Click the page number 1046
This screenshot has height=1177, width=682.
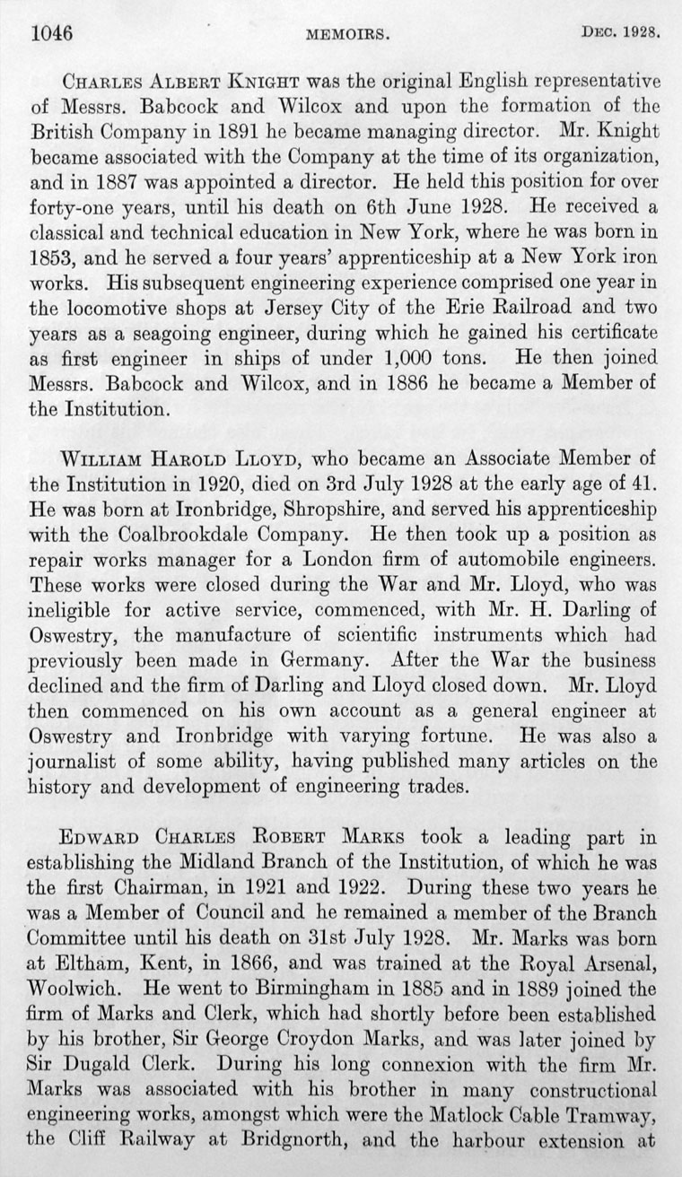coord(50,33)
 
